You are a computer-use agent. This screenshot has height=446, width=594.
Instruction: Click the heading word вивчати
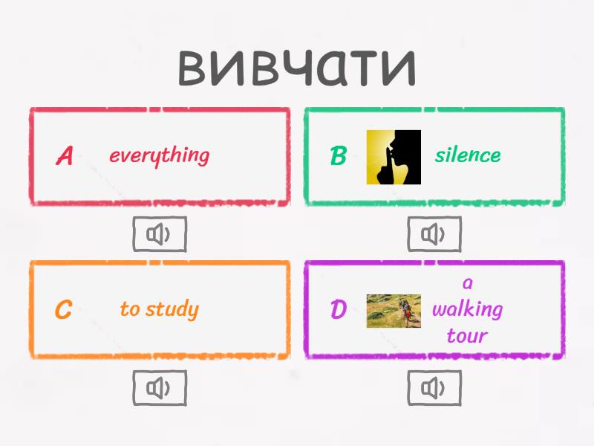[297, 67]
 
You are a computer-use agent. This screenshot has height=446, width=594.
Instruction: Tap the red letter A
[65, 156]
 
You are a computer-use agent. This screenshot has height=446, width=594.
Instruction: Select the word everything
[159, 155]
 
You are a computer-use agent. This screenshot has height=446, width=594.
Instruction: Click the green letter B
[338, 156]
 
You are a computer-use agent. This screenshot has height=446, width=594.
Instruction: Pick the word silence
[468, 155]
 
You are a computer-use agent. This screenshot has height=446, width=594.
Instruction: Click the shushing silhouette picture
[394, 157]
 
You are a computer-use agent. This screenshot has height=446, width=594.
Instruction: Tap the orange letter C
[64, 310]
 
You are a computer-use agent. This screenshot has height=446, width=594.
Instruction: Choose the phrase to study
[159, 309]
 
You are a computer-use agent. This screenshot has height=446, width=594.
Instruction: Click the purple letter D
[338, 310]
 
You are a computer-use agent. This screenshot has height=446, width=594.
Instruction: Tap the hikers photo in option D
[394, 311]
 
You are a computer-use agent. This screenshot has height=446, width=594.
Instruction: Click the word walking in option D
[468, 308]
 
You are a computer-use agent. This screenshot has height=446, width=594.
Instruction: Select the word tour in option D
[467, 335]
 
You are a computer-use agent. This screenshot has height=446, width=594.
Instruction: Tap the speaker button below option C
[159, 388]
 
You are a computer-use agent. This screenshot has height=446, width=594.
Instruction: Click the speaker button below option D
[434, 388]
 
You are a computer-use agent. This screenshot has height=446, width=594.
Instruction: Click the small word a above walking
[467, 283]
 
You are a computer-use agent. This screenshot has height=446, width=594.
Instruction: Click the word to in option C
[130, 309]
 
